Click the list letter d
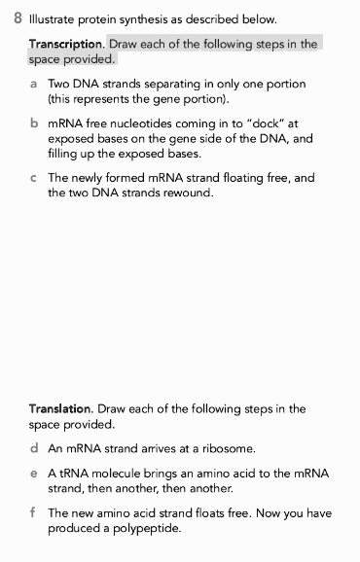coord(34,449)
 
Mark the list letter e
coord(34,474)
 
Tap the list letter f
coord(33,512)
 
